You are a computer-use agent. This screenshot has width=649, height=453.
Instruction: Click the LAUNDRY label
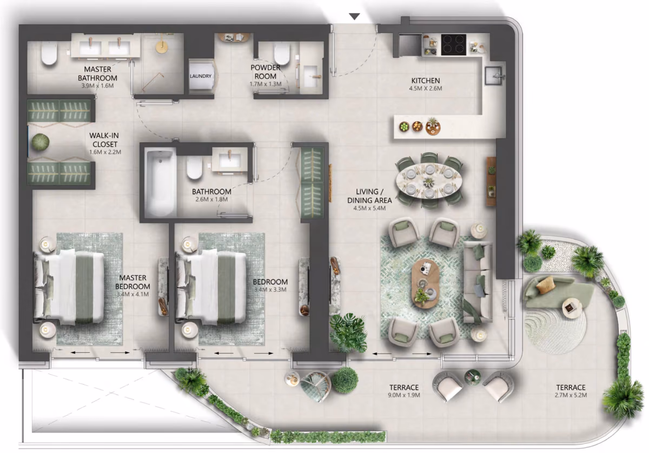[201, 76]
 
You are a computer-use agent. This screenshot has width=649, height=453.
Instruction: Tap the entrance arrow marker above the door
[354, 17]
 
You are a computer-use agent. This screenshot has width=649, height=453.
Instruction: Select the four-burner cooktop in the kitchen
[453, 45]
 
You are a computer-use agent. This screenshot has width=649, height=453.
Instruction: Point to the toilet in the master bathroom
[49, 54]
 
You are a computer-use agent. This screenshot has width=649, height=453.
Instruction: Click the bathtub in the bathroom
[160, 183]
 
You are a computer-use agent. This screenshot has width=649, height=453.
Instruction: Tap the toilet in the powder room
[282, 54]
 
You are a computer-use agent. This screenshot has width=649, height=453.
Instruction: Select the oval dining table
[429, 181]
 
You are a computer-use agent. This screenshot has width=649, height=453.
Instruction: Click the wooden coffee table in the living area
[425, 284]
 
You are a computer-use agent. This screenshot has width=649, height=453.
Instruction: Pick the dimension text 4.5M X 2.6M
[425, 88]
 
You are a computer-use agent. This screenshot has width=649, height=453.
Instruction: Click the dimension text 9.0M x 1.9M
[404, 395]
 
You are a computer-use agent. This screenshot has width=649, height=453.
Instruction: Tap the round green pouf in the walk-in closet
[40, 142]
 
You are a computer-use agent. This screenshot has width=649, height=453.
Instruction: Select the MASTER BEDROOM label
[133, 282]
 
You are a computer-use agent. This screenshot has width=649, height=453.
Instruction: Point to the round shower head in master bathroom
[162, 46]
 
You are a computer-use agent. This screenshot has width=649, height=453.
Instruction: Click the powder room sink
[310, 76]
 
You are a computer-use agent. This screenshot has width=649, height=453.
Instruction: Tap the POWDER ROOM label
[266, 72]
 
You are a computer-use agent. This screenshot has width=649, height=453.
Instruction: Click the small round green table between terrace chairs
[473, 377]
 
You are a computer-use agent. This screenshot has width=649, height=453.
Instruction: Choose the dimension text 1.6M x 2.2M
[105, 152]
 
